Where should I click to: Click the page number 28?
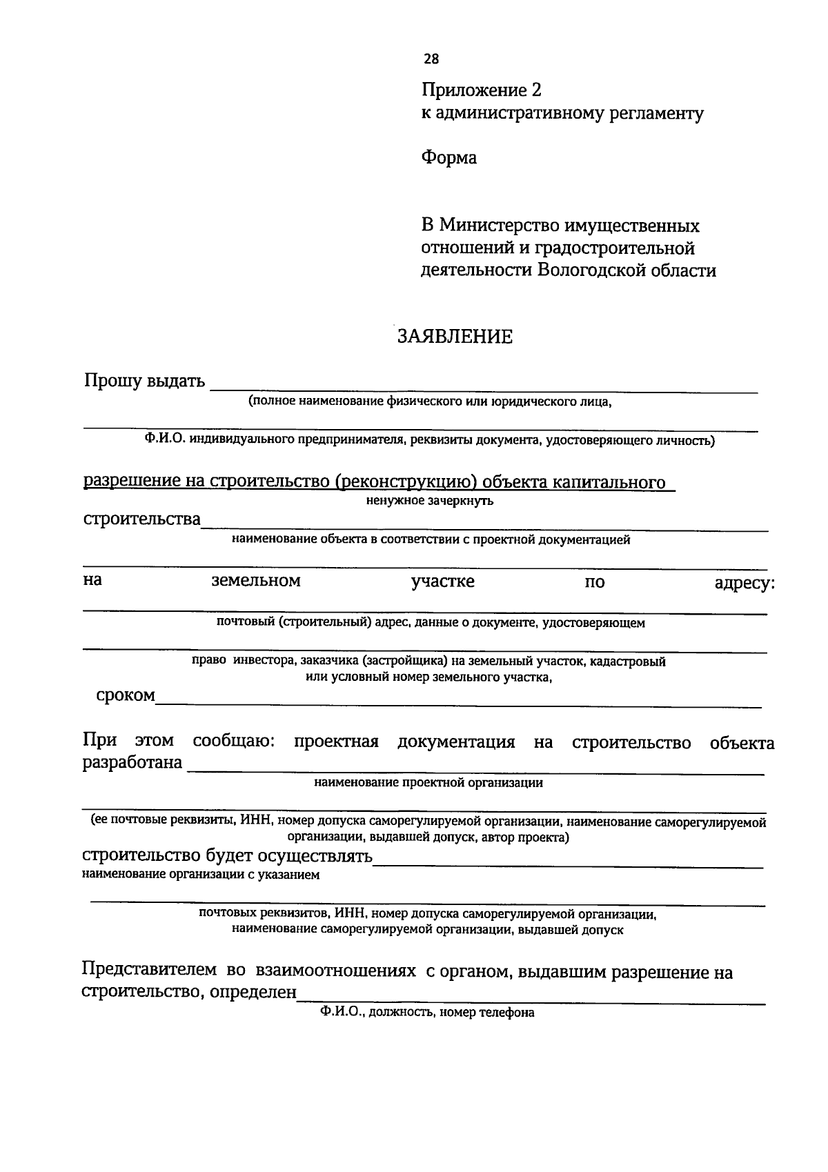tap(431, 59)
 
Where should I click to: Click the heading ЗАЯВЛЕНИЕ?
tap(455, 337)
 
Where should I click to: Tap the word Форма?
tap(448, 158)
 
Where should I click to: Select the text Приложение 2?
tap(482, 90)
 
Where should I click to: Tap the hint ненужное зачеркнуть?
tap(429, 501)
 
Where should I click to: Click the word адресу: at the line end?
tap(744, 583)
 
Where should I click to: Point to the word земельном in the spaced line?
tap(255, 581)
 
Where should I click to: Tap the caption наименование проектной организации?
tap(428, 783)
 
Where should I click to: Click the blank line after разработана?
tap(476, 770)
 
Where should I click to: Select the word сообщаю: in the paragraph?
tap(234, 742)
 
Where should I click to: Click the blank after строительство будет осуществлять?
tap(567, 862)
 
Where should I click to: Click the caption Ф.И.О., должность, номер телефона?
tap(427, 1013)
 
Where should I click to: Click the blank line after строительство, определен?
tap(531, 999)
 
